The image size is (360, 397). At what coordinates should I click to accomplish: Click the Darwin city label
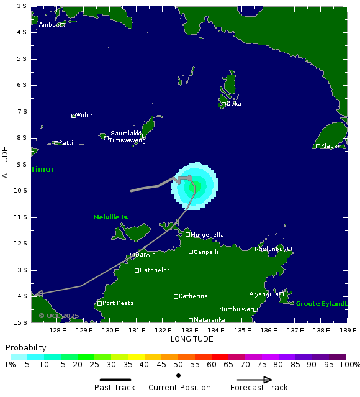145,255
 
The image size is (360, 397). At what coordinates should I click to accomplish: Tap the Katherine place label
193,296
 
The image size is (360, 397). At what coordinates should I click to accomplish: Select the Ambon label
49,25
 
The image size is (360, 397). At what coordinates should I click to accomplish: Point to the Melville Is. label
111,217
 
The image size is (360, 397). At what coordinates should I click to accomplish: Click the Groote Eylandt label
321,304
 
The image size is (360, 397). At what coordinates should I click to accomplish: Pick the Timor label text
43,170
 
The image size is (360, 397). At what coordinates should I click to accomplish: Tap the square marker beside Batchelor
137,270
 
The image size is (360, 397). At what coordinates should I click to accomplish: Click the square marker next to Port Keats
99,303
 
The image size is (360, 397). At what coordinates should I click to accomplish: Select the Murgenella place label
207,235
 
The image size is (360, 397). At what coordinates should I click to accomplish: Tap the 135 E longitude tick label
243,330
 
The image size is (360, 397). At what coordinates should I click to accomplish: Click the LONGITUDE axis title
192,339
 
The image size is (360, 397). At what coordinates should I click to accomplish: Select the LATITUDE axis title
6,164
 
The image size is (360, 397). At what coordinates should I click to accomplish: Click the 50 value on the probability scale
178,364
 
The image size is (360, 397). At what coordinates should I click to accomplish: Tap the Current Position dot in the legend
178,376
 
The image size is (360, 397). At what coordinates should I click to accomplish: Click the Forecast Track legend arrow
259,380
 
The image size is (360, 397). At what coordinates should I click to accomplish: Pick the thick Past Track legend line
119,380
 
